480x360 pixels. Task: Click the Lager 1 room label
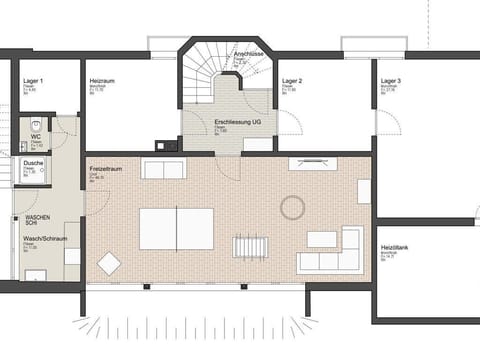(32, 80)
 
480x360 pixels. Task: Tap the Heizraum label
(100, 80)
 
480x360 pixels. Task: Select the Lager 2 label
(292, 80)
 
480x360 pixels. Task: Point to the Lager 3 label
(391, 80)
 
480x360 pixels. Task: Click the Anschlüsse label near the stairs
(247, 53)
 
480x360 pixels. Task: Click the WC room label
(36, 136)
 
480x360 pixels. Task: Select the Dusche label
(34, 162)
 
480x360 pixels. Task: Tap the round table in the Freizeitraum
(293, 208)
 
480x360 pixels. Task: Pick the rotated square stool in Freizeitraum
(108, 264)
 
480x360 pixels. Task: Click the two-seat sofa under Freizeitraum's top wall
(163, 169)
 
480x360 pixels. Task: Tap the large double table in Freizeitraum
(176, 228)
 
